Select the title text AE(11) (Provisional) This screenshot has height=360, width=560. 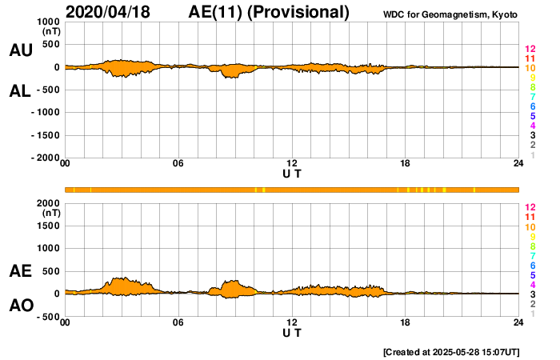point(270,12)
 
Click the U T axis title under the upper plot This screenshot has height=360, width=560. point(292,174)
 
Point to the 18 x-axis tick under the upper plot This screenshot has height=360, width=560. point(406,164)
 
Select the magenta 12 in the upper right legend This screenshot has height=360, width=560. point(530,49)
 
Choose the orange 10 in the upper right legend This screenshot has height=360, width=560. point(530,68)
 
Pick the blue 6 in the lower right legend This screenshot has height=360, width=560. point(531,265)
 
